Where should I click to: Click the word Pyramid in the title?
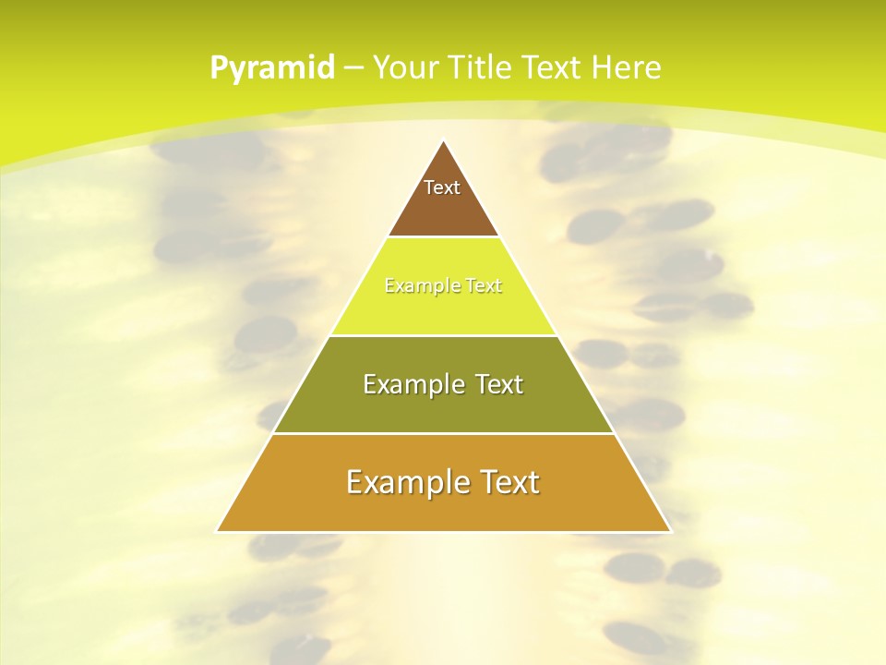coord(271,68)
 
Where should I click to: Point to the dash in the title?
coord(353,68)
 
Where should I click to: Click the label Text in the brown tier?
coord(442,187)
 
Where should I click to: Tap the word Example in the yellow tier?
coord(413,286)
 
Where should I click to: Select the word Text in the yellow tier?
coord(484,286)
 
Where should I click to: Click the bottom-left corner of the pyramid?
coord(218,531)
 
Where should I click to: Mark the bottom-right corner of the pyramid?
coord(670,531)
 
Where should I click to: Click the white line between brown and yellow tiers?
coord(443,237)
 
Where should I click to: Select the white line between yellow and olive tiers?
coord(443,335)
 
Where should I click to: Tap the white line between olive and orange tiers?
coord(443,433)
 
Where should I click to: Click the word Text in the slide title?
coord(554,67)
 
